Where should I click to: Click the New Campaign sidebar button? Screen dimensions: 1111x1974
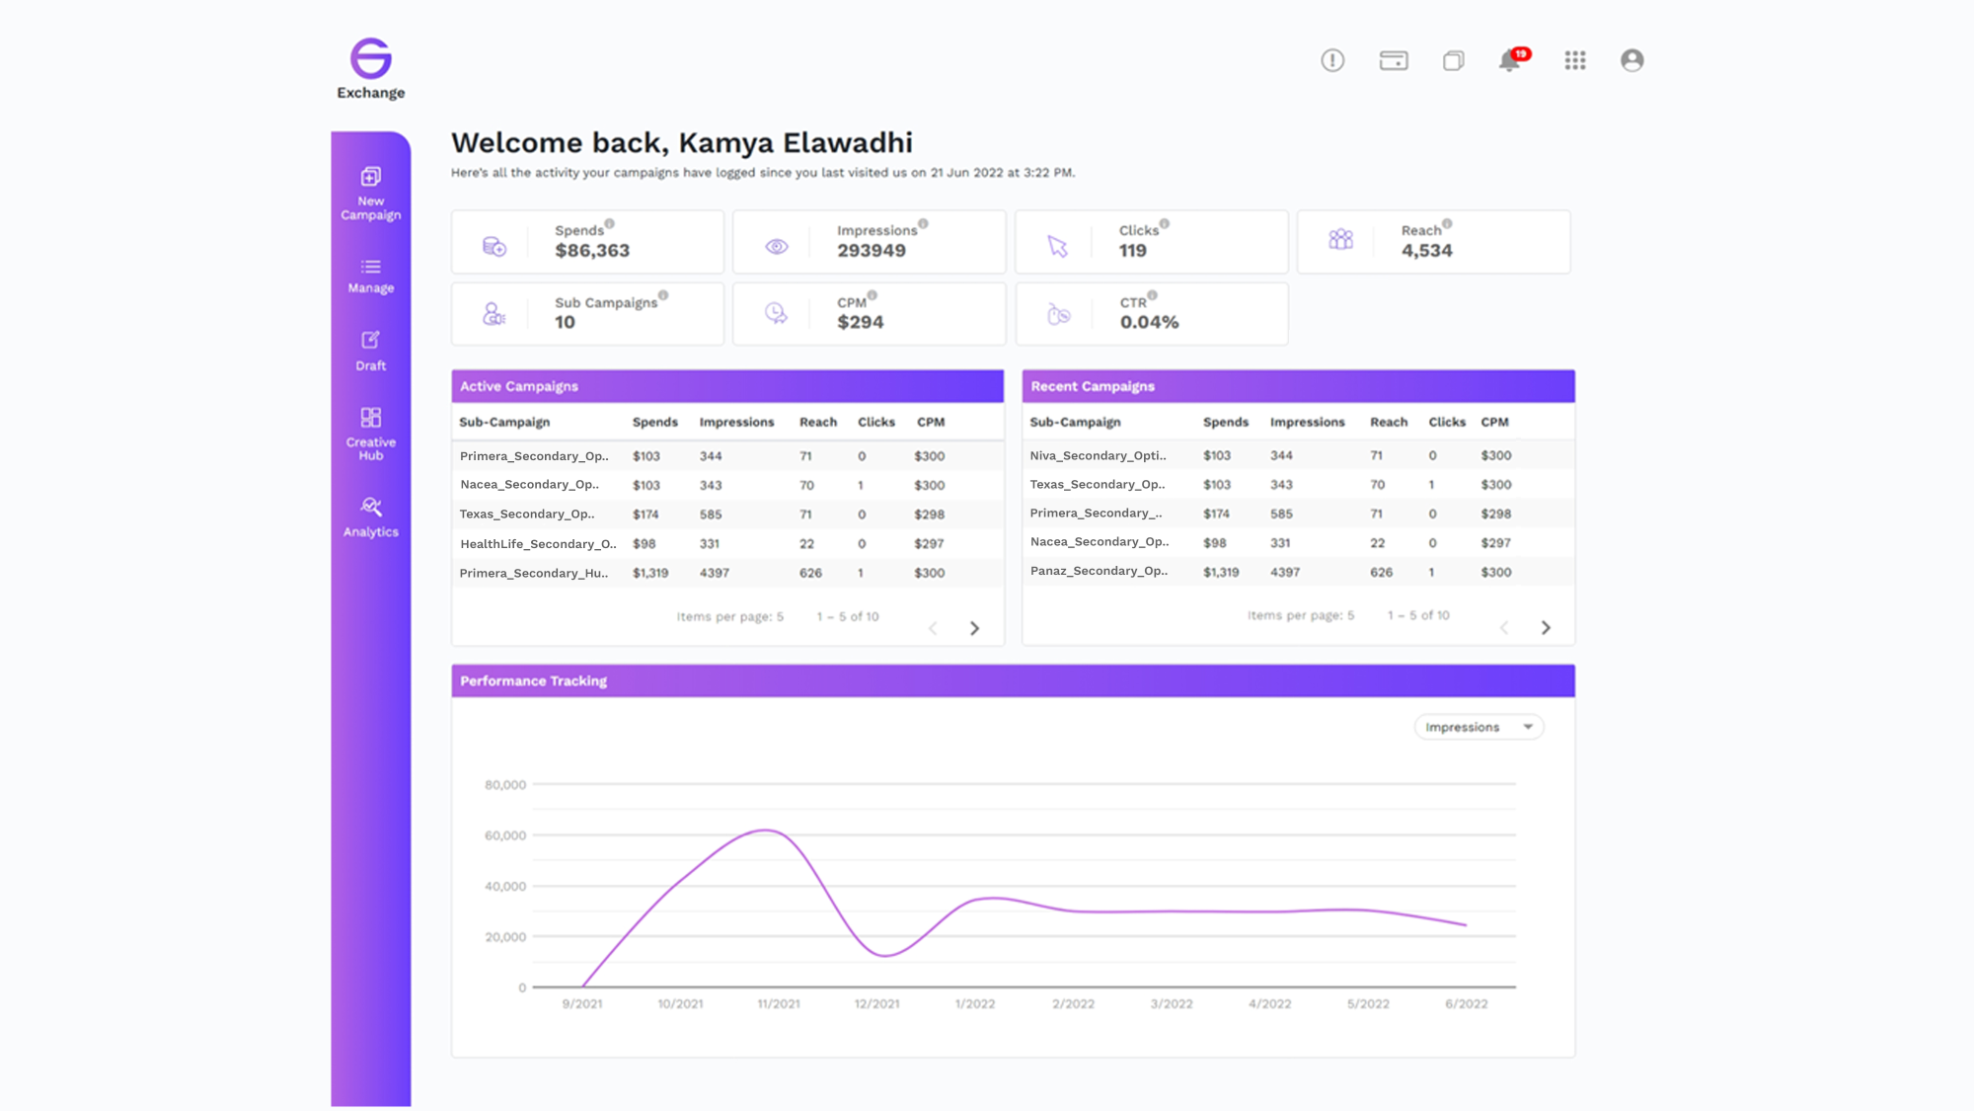[370, 193]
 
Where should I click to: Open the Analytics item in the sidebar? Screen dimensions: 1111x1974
[370, 516]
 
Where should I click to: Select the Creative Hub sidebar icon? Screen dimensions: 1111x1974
[370, 433]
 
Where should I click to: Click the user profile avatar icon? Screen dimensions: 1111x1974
[1632, 60]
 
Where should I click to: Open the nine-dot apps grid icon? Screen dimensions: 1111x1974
[1574, 60]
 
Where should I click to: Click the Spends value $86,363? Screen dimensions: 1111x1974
[591, 251]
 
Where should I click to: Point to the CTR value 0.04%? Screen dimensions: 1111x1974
[1149, 322]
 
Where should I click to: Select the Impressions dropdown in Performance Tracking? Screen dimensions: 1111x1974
[1478, 727]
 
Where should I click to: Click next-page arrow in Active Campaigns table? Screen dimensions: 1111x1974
[974, 628]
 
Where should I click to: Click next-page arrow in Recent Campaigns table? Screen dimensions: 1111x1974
[1546, 628]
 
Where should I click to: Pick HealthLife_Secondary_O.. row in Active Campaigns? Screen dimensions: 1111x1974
[538, 543]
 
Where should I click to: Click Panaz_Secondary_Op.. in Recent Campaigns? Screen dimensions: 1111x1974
[1099, 571]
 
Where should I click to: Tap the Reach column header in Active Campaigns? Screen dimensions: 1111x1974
[817, 422]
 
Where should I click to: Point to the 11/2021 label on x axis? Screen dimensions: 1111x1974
[778, 1003]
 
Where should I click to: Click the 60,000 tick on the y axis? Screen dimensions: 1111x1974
[505, 835]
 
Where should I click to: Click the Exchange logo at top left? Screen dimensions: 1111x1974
[370, 68]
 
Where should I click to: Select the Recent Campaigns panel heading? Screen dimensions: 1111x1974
[1093, 386]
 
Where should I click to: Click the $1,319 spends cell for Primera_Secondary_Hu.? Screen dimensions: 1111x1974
[650, 573]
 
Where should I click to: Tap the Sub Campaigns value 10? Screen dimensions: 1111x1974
[565, 322]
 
